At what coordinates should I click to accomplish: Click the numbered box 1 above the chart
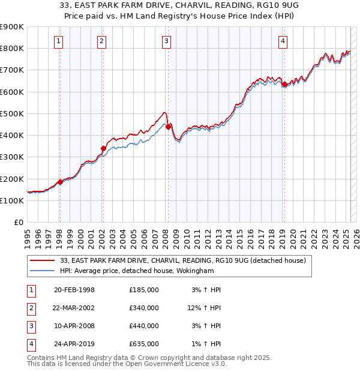click(x=58, y=41)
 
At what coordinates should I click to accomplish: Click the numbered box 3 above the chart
click(x=166, y=41)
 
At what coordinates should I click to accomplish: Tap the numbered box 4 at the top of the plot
click(x=282, y=41)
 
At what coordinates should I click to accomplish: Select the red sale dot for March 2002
click(x=103, y=148)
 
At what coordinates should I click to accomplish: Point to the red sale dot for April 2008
click(x=168, y=127)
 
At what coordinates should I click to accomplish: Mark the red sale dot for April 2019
click(x=284, y=84)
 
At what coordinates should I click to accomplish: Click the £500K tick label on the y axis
click(x=11, y=113)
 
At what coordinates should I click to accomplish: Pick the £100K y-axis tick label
click(x=11, y=200)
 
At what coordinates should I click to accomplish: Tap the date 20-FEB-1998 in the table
click(x=74, y=290)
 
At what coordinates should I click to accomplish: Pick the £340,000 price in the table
click(x=144, y=308)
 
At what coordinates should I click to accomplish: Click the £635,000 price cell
click(x=144, y=344)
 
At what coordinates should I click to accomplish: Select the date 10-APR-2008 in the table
click(x=74, y=326)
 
